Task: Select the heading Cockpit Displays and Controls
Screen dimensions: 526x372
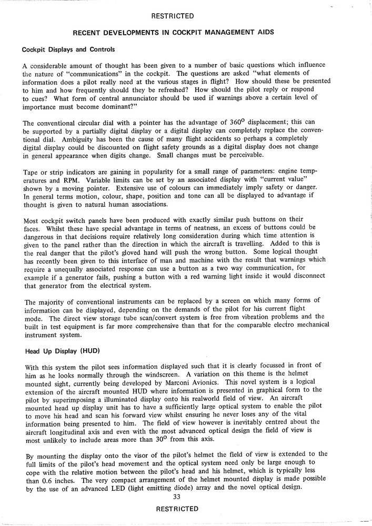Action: coord(68,50)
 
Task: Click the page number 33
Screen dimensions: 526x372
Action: coord(177,498)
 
